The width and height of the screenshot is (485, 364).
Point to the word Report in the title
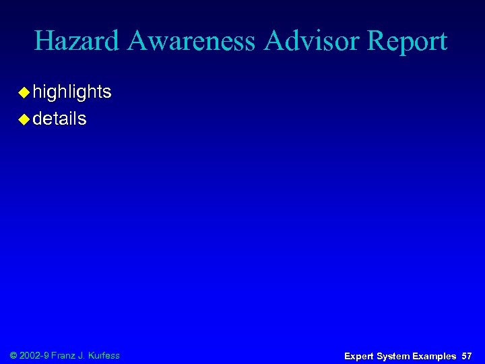click(408, 42)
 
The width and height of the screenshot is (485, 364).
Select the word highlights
click(72, 92)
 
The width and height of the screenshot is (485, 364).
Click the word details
click(59, 119)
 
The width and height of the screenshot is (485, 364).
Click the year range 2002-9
click(36, 355)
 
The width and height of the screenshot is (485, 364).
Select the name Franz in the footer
click(64, 355)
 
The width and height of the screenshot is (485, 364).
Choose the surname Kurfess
click(105, 355)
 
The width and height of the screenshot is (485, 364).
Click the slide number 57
click(467, 356)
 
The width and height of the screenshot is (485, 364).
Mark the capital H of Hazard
click(44, 42)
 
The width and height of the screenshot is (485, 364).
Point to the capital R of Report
click(376, 42)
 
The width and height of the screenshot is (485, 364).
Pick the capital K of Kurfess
click(93, 355)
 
